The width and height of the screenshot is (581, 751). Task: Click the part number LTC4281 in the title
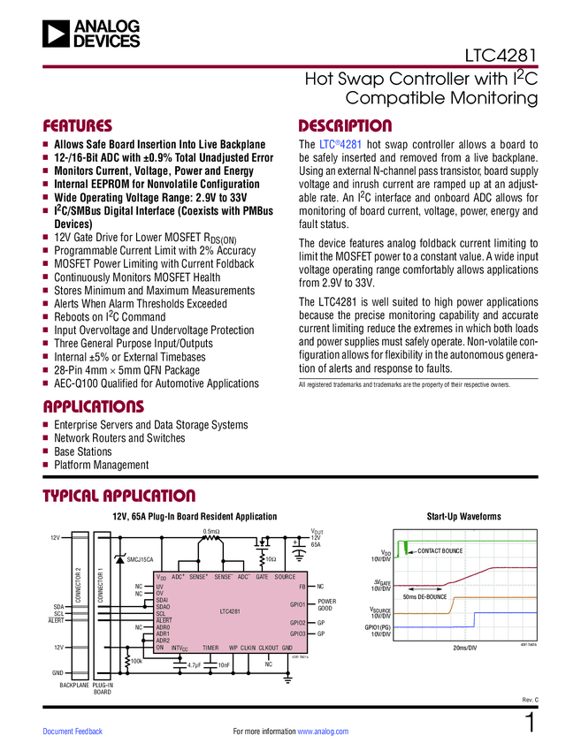501,58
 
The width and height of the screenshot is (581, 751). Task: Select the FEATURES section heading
78,125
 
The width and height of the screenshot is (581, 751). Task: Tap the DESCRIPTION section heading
345,125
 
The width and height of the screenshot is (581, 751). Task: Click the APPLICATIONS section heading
93,406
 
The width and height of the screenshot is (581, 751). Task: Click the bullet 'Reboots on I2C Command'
110,317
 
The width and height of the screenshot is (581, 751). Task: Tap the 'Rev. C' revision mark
530,701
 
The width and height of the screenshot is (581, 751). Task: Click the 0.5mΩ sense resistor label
212,532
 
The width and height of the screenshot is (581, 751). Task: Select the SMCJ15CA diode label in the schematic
140,559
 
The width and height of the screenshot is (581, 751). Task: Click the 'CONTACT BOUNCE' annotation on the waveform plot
440,551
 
